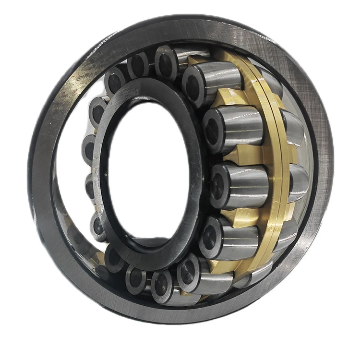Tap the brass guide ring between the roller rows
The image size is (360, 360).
coord(269,158)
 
